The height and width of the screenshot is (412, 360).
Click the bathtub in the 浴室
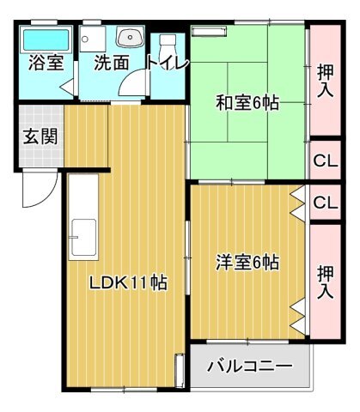pos(46,39)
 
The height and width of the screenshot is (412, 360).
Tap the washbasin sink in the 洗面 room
pos(130,38)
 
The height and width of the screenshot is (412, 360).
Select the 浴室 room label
pos(46,63)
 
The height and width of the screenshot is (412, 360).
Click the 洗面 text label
pos(112,63)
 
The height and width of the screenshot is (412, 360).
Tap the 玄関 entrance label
pos(40,136)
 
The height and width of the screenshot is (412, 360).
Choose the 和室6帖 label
pos(247,103)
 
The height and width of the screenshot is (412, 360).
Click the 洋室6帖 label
pos(247,262)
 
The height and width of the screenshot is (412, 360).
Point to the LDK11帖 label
pos(128,283)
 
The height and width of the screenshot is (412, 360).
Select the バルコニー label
pos(250,366)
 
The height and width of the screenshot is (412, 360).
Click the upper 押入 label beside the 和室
pos(326,81)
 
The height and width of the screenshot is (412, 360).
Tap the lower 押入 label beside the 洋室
pos(326,282)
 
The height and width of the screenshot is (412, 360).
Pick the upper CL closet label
pos(326,161)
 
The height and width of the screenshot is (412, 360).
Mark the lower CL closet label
pos(326,203)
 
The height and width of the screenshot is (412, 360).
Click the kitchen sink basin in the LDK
pos(83,237)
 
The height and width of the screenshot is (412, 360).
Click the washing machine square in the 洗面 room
pos(93,39)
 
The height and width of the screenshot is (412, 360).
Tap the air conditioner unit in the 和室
pos(209,31)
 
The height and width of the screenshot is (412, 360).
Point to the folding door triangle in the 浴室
pos(68,86)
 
